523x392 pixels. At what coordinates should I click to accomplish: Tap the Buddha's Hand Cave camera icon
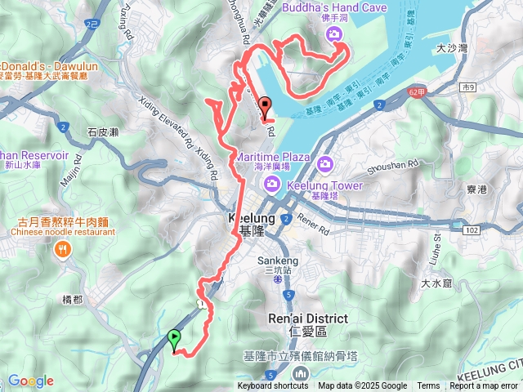coord(333,33)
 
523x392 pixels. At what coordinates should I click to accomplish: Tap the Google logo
coord(31,381)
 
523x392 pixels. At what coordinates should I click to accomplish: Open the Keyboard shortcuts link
coord(273,386)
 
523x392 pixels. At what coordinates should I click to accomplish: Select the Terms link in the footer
coord(428,386)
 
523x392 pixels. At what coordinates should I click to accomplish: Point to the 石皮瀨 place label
coord(103,131)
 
